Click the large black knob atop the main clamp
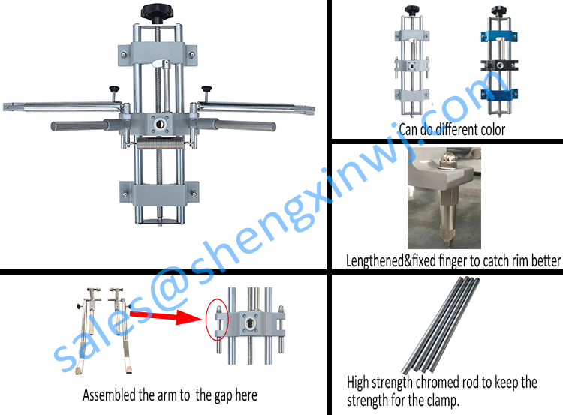(157, 13)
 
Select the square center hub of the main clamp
(159, 124)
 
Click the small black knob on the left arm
(114, 89)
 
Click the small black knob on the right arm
(206, 89)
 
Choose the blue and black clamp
(499, 60)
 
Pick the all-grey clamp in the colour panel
(412, 60)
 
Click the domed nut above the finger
(447, 159)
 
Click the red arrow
(166, 317)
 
